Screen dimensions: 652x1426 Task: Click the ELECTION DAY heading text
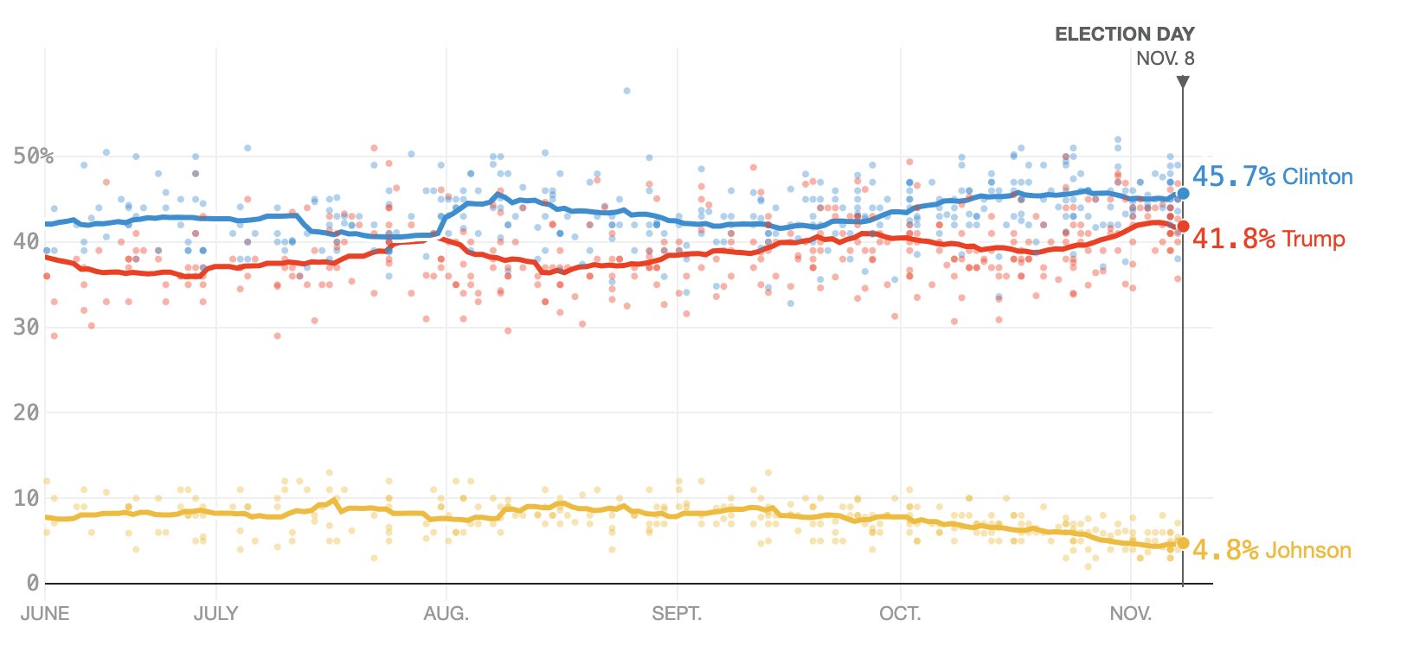click(x=1124, y=35)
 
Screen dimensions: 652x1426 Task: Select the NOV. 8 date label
click(x=1165, y=59)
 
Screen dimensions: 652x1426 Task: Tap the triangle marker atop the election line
click(x=1183, y=82)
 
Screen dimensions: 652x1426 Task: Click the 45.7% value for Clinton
click(x=1233, y=177)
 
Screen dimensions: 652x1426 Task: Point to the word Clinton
click(x=1317, y=177)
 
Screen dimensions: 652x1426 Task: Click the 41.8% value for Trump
click(x=1233, y=239)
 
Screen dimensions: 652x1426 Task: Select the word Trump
click(x=1314, y=239)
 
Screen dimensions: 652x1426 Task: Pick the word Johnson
click(x=1308, y=550)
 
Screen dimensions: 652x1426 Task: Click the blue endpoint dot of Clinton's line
click(x=1183, y=194)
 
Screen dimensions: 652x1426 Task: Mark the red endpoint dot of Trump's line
click(x=1183, y=227)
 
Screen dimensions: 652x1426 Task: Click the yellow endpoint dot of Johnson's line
click(x=1183, y=543)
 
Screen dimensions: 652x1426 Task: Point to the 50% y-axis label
click(x=33, y=157)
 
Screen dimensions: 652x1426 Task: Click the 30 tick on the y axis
click(x=26, y=328)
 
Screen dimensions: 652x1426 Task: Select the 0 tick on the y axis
click(x=32, y=584)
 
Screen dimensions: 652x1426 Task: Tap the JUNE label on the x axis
click(x=45, y=614)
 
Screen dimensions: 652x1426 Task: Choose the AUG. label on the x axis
click(x=446, y=614)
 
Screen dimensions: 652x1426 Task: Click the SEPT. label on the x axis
click(x=677, y=614)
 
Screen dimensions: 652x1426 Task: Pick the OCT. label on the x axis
click(x=900, y=614)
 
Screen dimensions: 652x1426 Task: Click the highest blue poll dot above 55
click(x=626, y=91)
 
